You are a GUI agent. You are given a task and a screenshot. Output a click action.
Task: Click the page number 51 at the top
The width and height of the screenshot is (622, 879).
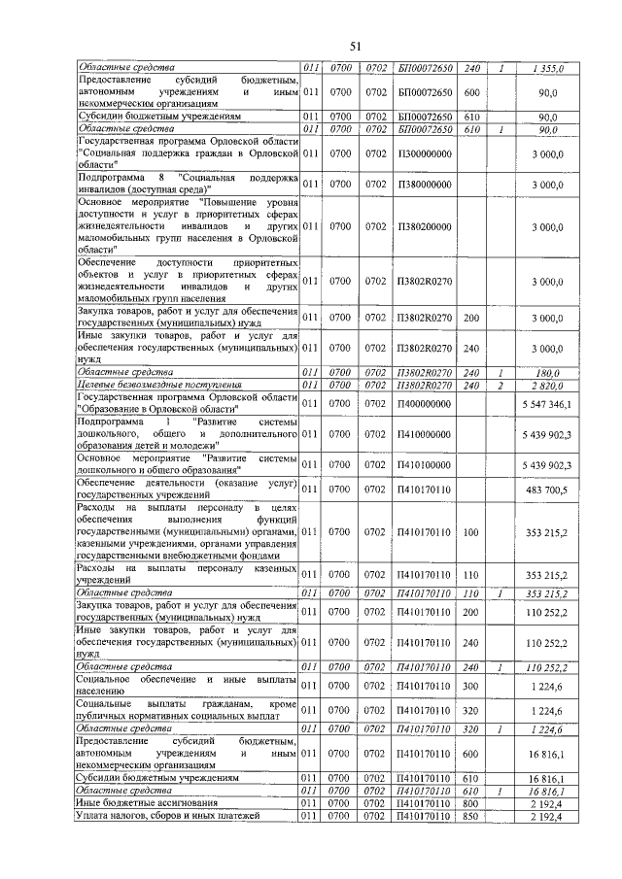pyautogui.click(x=355, y=47)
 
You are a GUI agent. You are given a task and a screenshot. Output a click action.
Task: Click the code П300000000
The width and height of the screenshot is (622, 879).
pyautogui.click(x=426, y=153)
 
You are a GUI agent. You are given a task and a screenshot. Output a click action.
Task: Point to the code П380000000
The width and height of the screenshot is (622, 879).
pyautogui.click(x=426, y=185)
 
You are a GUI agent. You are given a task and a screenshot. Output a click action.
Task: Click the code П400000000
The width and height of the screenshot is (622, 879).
pyautogui.click(x=426, y=403)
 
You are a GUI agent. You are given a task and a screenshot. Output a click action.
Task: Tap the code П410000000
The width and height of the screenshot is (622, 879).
pyautogui.click(x=426, y=434)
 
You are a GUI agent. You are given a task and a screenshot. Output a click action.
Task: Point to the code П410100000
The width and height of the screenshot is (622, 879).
pyautogui.click(x=426, y=465)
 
